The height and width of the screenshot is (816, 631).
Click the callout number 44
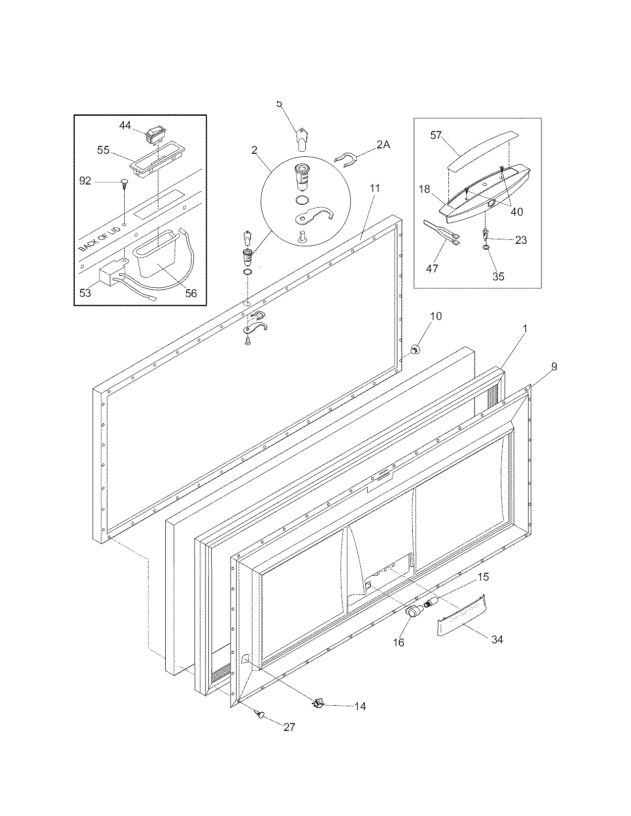tap(125, 126)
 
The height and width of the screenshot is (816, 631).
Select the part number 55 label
tap(103, 150)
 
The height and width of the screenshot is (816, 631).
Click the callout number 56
tap(191, 293)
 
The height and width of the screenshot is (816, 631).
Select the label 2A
tap(383, 145)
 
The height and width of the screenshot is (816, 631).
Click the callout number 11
tap(375, 188)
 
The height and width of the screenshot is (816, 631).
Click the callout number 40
tap(516, 211)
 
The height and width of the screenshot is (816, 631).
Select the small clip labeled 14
tap(319, 703)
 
